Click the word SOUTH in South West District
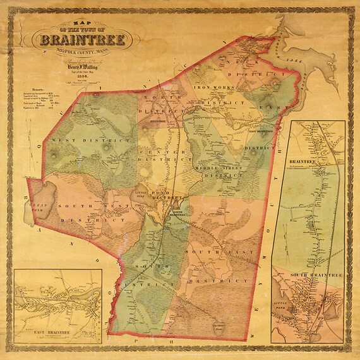(75, 206)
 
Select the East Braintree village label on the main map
(261, 131)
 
